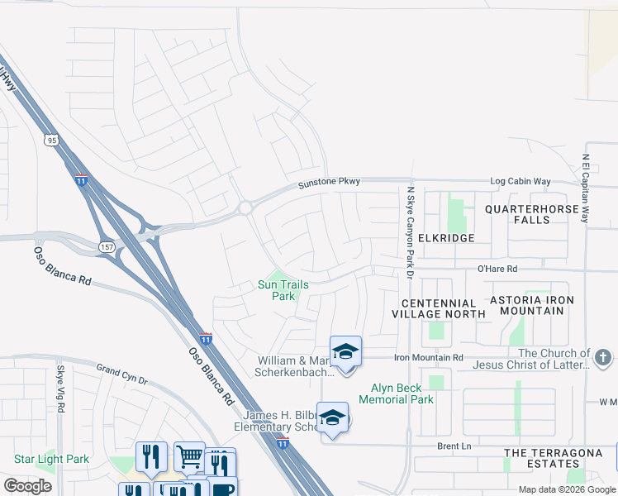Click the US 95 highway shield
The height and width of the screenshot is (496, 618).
point(52,141)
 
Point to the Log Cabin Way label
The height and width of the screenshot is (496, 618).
point(520,181)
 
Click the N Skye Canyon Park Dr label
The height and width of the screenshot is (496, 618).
point(410,231)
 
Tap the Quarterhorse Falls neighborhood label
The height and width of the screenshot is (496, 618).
point(531,215)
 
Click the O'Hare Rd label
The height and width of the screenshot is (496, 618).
point(497,269)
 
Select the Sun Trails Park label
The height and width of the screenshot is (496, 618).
point(283,290)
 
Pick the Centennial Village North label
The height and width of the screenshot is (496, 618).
point(438,308)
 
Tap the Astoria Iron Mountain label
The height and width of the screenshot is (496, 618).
point(532,305)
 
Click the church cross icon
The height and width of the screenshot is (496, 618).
point(603,358)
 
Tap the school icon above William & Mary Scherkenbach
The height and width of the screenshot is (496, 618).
point(345,351)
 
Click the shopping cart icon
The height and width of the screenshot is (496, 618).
point(189,455)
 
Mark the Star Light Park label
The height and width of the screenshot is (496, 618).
point(51,459)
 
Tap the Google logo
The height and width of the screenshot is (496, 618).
point(28,486)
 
